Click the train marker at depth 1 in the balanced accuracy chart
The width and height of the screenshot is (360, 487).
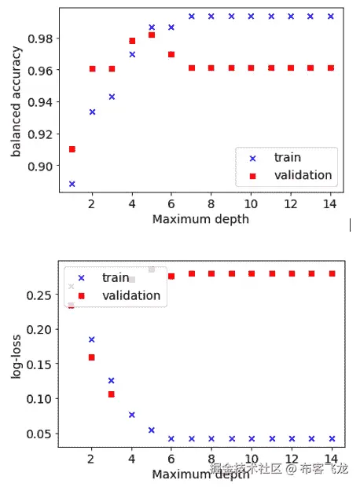72,184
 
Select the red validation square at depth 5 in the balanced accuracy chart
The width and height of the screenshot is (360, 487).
152,35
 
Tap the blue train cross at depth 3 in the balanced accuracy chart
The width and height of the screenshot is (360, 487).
112,97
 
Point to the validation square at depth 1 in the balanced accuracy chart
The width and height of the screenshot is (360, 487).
72,149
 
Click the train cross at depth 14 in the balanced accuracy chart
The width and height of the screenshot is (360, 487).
331,16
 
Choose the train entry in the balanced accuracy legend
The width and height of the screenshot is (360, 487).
287,158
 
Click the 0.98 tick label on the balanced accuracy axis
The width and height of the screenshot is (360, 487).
41,38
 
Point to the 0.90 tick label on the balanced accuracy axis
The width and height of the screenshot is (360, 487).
41,166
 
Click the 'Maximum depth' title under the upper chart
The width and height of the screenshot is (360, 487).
200,219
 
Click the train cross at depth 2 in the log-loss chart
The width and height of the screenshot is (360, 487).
92,339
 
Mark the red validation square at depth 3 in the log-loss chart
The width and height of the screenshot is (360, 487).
112,394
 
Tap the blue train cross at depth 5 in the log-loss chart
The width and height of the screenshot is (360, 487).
152,430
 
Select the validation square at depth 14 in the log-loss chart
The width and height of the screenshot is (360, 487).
331,273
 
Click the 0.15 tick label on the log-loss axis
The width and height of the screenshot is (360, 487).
41,364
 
